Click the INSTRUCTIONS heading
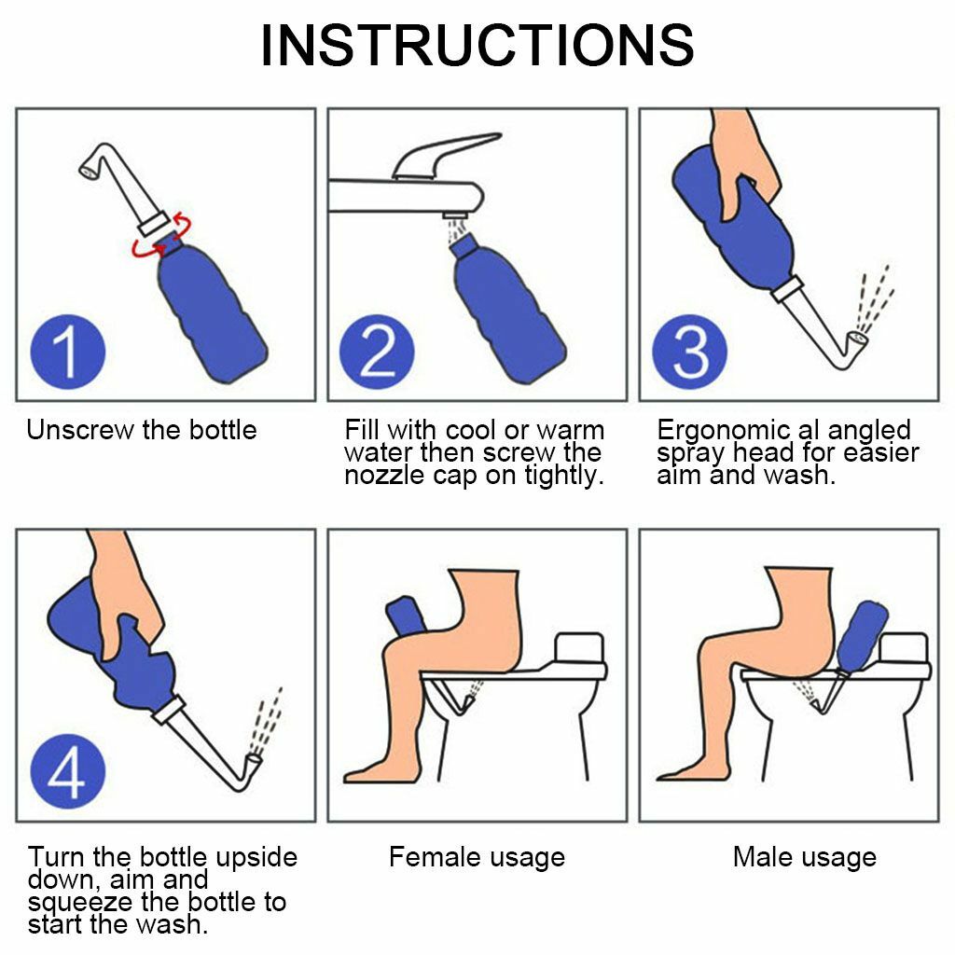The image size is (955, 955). click(x=477, y=46)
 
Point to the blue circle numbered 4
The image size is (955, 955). click(x=66, y=772)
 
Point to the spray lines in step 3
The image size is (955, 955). click(x=877, y=298)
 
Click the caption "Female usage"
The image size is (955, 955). click(x=477, y=857)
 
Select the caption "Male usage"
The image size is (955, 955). click(x=804, y=857)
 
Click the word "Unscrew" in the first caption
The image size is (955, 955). click(x=79, y=431)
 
